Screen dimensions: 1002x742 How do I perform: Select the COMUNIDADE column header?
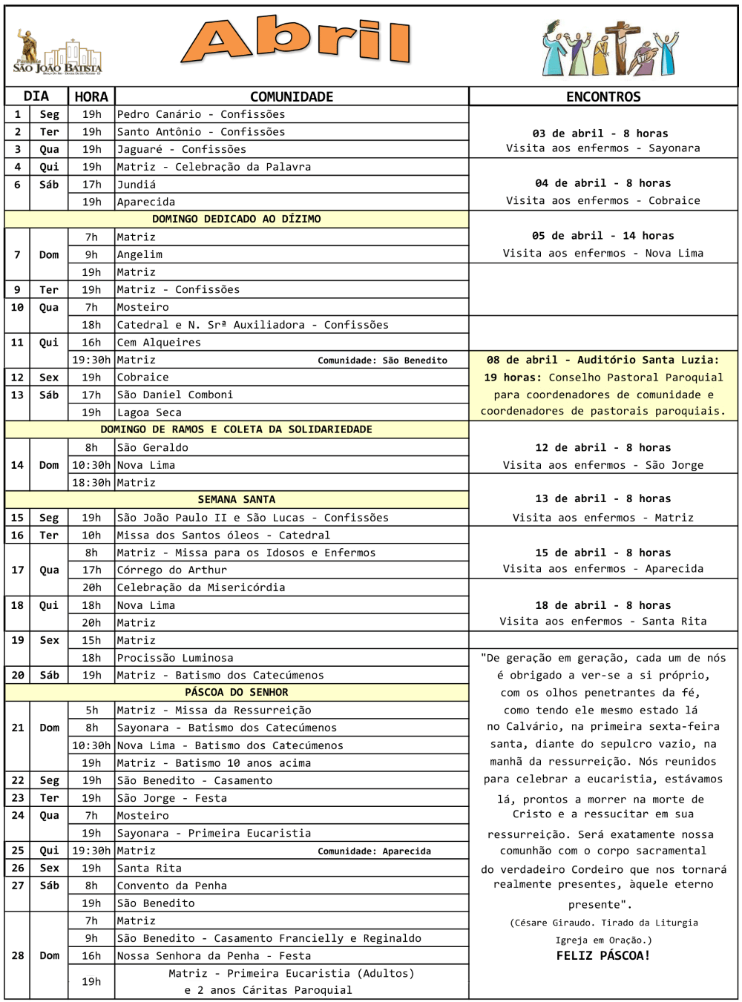coord(292,96)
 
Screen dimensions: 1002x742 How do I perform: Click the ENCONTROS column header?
coord(603,96)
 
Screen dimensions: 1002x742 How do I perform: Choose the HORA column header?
coord(91,96)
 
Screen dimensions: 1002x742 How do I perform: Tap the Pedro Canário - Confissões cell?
coord(201,114)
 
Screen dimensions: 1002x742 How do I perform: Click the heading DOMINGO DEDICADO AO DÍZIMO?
coord(237,219)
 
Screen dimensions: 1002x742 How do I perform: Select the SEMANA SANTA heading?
coord(237,499)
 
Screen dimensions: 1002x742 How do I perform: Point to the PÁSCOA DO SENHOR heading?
coord(237,692)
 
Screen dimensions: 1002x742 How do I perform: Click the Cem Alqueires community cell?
coord(159,342)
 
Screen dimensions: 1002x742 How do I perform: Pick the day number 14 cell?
coord(17,465)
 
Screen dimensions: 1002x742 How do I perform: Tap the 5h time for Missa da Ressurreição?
coord(91,710)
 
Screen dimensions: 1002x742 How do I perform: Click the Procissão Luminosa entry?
coord(175,657)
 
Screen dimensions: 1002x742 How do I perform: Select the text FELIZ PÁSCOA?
coord(603,955)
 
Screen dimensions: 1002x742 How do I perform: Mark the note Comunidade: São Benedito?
coord(382,360)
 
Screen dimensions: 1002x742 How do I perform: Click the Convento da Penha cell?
coord(172,886)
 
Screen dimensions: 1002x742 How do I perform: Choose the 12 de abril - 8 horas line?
coord(603,447)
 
